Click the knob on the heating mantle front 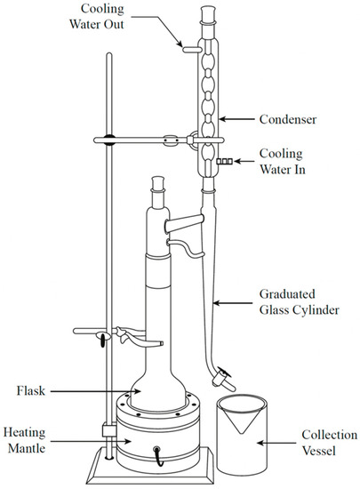[x=159, y=451]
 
